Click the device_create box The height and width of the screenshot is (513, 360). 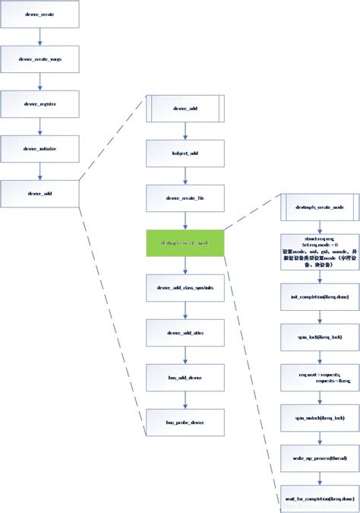pos(39,14)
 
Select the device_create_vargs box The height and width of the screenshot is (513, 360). pos(39,59)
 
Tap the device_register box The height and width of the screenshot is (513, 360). pos(39,103)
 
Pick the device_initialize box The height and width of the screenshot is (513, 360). pos(39,148)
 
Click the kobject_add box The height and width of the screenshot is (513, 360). pos(185,154)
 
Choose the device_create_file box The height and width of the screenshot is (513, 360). pos(185,198)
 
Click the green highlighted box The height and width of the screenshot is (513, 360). pos(185,242)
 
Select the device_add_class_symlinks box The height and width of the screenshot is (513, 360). pos(185,288)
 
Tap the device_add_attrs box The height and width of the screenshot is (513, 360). pos(185,332)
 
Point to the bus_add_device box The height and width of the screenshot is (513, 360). pos(185,377)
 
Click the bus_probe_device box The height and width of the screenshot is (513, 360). pos(185,422)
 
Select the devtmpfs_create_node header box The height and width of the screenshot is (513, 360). pos(318,207)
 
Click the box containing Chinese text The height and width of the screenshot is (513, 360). pos(318,249)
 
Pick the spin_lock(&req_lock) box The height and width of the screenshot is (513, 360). pos(318,334)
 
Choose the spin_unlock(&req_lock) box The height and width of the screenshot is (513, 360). pos(318,417)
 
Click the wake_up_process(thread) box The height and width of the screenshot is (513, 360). pos(318,458)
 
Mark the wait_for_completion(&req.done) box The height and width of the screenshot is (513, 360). pos(318,499)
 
